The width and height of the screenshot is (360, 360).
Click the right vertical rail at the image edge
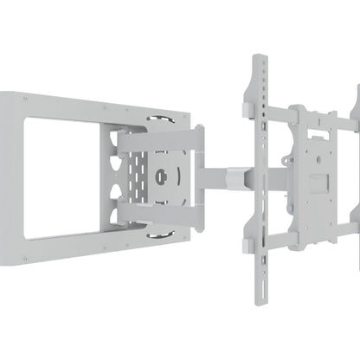click(x=353, y=173)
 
